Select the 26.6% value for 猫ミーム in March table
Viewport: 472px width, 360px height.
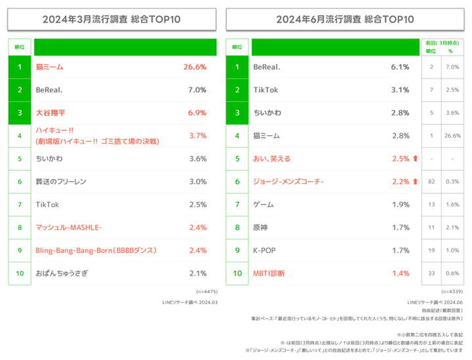195,67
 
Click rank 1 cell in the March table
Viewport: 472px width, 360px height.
20,67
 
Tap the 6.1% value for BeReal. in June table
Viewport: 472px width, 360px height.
400,67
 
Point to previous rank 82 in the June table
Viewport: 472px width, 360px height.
431,182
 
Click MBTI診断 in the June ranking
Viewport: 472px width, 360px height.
269,273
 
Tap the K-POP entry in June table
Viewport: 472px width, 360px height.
265,250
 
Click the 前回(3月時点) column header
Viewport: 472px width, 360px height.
441,41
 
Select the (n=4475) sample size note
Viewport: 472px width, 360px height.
205,290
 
